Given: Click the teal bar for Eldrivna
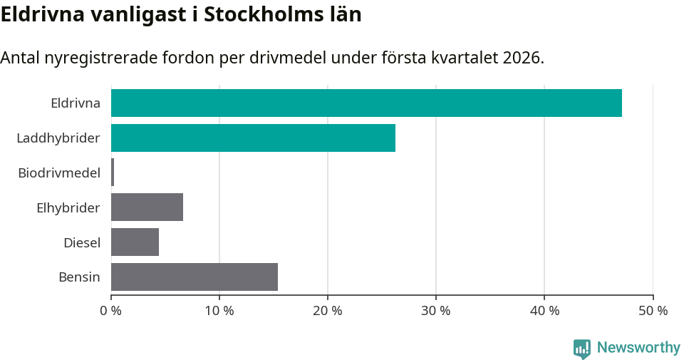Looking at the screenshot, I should [x=366, y=103].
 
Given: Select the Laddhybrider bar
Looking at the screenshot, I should [x=253, y=138].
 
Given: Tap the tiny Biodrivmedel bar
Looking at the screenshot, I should [x=113, y=173].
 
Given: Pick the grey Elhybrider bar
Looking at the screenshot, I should [x=147, y=207].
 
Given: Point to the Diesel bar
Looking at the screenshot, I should [x=135, y=242].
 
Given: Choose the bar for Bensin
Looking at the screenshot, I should [x=195, y=277].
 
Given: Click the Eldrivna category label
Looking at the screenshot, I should [x=75, y=103].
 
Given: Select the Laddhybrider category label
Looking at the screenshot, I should [x=58, y=138].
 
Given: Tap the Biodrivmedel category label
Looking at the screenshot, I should [x=59, y=173].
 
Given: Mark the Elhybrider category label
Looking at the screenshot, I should [x=68, y=207].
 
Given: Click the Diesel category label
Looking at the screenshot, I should [x=82, y=242].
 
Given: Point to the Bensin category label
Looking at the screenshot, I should [x=79, y=277].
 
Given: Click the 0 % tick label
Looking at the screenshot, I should [x=111, y=311].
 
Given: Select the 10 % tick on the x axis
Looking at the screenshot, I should [x=219, y=311].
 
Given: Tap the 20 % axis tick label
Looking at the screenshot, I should [x=328, y=311].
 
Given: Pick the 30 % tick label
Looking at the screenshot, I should [x=436, y=311].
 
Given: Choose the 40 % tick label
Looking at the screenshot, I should [x=544, y=311].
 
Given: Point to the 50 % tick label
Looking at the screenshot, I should [x=653, y=311].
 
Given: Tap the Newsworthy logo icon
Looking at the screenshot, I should [x=581, y=348].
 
